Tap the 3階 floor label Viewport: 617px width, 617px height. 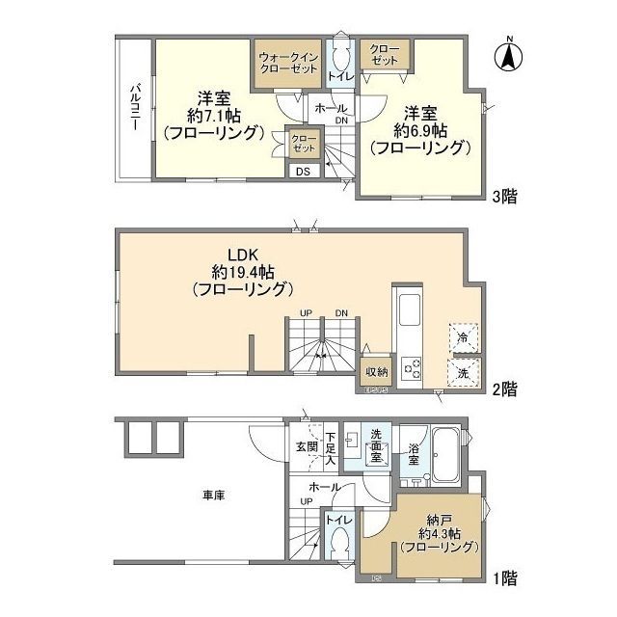pos(503,197)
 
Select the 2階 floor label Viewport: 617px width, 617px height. pos(503,389)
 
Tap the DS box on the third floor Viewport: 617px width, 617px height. pos(303,172)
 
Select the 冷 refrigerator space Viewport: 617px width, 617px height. pos(463,337)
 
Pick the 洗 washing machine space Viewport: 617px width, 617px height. pos(463,372)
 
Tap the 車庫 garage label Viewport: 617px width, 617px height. pos(213,496)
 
